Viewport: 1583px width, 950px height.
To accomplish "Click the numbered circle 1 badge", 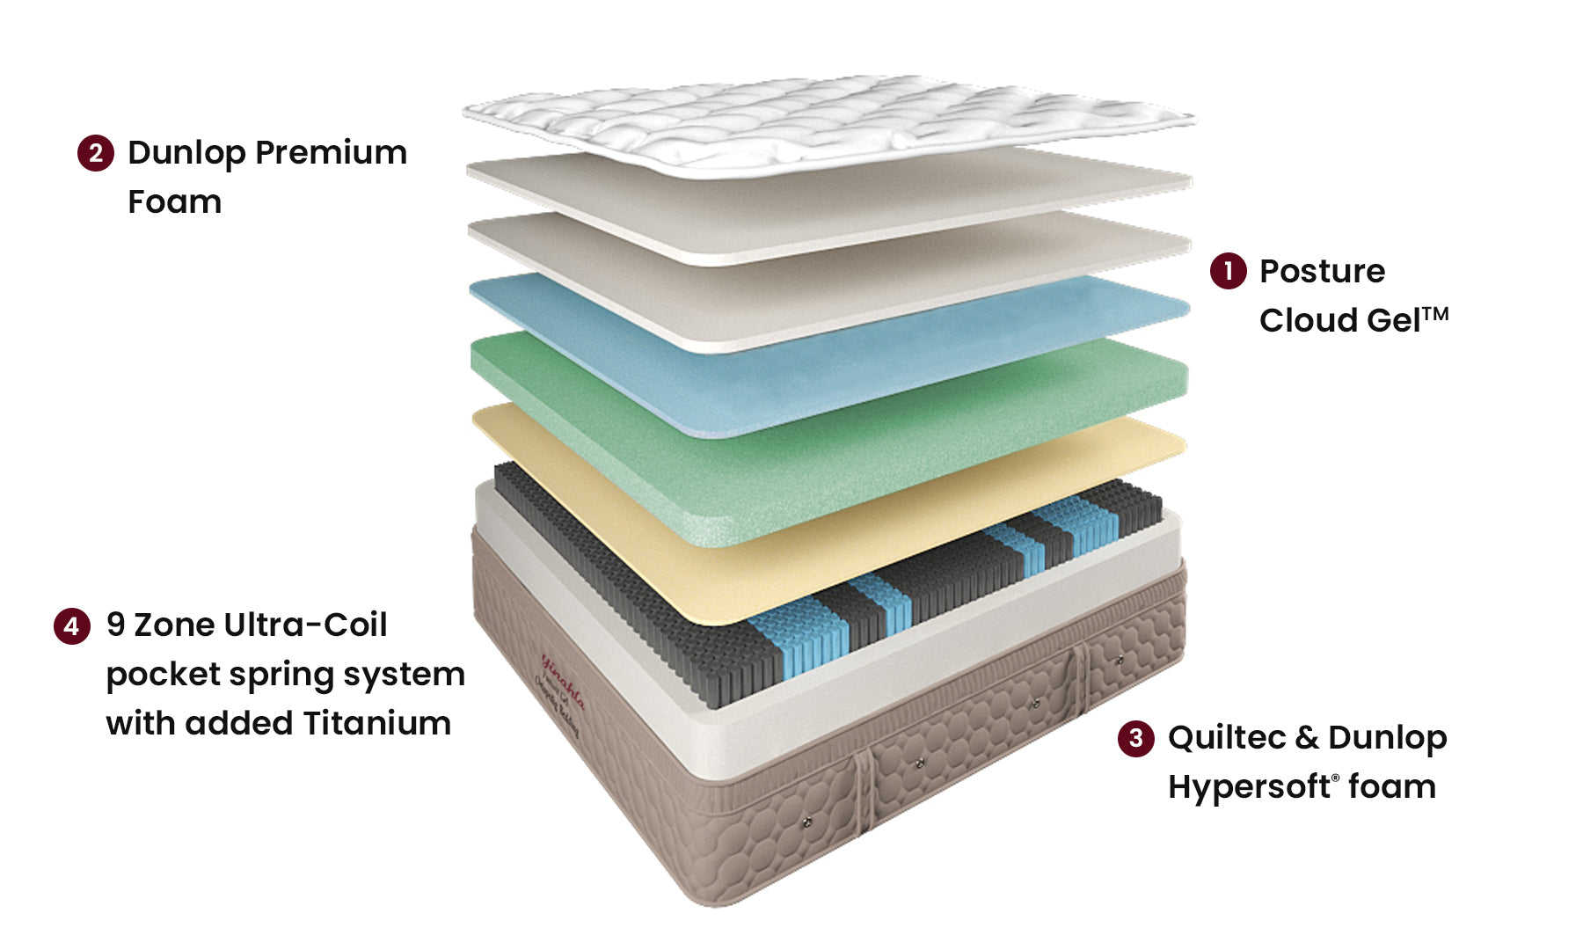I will click(x=1228, y=271).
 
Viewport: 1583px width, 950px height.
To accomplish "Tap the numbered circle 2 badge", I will click(x=95, y=153).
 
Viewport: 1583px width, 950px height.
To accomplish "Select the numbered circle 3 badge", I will click(x=1135, y=737).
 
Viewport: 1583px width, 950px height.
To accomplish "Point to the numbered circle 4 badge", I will click(x=71, y=625).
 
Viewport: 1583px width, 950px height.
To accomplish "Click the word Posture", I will click(x=1322, y=271).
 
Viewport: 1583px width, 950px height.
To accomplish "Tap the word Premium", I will click(x=331, y=153).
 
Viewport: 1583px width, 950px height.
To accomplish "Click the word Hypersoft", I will click(x=1249, y=786).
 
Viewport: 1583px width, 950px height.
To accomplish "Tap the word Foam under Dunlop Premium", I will click(x=174, y=202).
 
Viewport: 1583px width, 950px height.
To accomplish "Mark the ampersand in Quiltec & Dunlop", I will click(x=1306, y=737).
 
